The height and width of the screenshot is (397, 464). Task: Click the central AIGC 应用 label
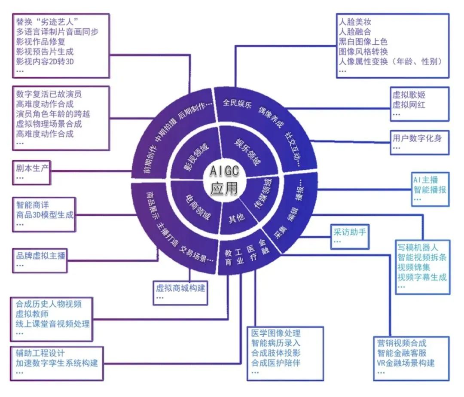point(224,180)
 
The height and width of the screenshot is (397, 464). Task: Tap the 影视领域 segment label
point(196,157)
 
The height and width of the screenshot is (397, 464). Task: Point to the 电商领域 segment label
point(197,208)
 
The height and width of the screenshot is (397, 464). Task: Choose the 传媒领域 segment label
point(263,193)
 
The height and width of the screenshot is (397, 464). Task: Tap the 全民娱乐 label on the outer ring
point(237,104)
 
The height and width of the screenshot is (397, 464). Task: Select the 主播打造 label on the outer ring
point(167,235)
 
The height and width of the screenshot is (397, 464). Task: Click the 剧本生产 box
point(31,173)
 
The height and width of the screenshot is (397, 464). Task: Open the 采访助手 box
point(350,236)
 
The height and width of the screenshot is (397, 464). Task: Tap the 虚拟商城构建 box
point(180,293)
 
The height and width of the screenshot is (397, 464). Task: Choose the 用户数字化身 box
point(420,142)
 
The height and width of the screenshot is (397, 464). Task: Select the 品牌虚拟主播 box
point(40,260)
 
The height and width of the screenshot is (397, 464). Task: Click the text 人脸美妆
point(355,22)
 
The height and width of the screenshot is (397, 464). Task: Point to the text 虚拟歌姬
point(409,95)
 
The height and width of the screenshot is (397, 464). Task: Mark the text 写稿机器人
point(418,247)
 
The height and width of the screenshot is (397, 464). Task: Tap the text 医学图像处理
point(276,333)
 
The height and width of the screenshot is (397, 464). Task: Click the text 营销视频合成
point(402,343)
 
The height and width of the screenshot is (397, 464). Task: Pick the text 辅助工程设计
point(40,353)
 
